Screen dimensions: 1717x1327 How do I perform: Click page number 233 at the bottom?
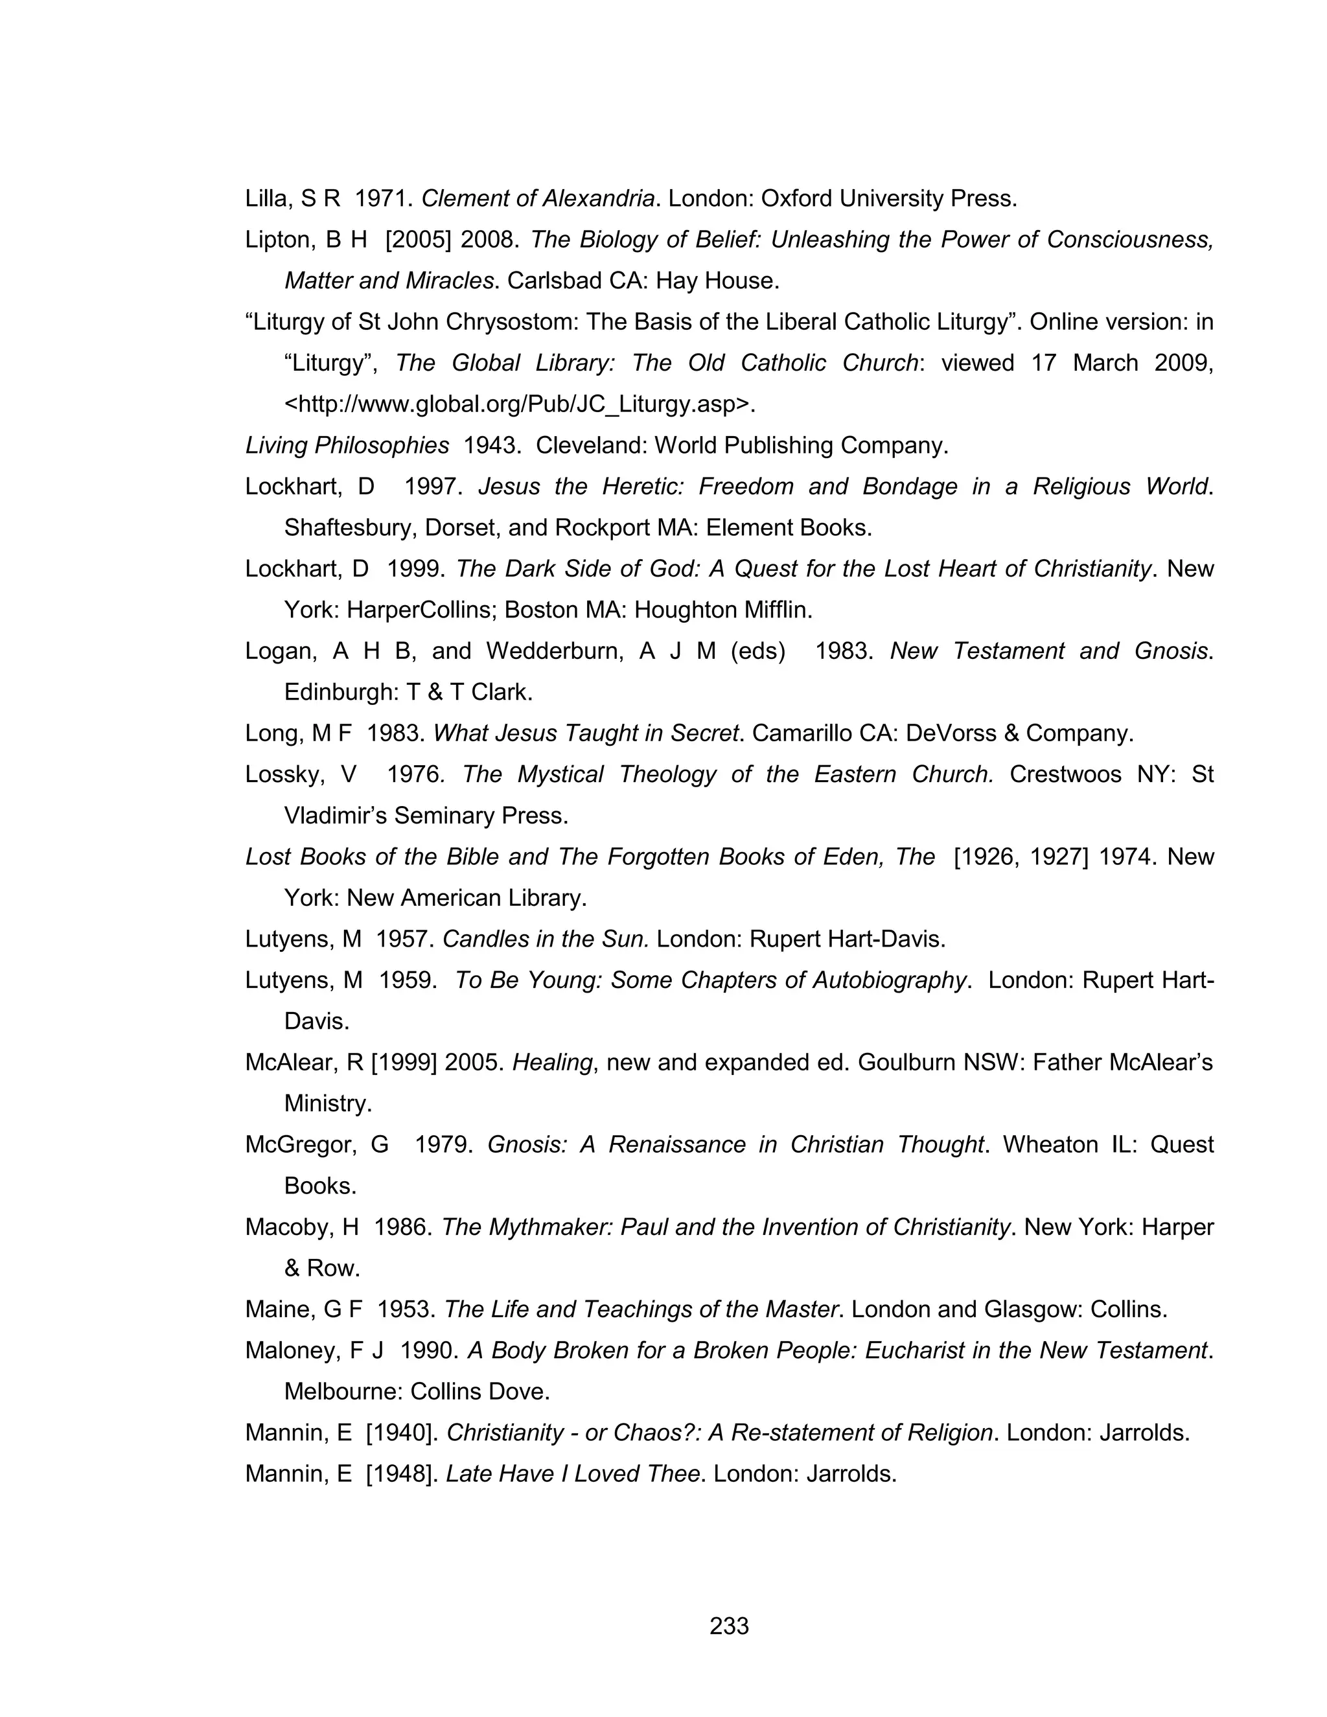coord(729,1625)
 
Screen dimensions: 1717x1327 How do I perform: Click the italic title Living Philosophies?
coord(347,446)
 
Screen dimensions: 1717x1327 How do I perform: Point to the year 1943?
coord(491,446)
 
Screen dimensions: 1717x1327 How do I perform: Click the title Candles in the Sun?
coord(546,939)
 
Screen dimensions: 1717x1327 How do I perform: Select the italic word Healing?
coord(552,1063)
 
